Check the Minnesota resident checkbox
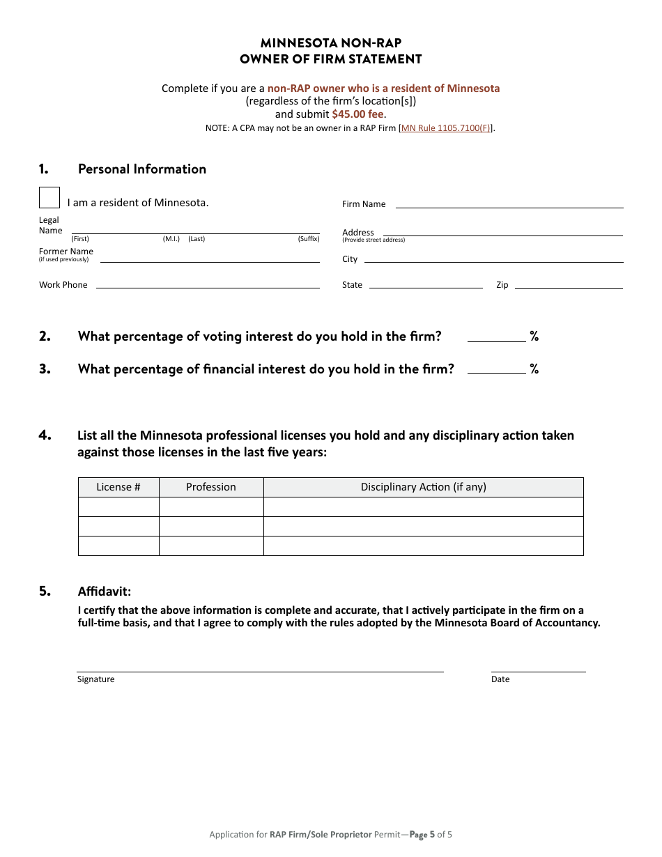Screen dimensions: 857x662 click(49, 198)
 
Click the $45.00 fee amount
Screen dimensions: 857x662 click(357, 114)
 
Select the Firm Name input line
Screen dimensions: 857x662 click(509, 203)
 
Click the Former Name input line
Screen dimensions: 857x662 click(210, 257)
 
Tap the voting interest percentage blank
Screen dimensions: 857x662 click(496, 337)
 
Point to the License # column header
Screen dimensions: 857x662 click(118, 487)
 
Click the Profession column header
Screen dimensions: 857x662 click(211, 487)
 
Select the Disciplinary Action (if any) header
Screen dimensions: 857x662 click(423, 487)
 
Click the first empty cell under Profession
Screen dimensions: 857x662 click(211, 507)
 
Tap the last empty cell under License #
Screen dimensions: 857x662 click(118, 546)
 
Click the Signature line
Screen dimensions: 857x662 click(260, 667)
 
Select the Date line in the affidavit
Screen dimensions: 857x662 click(538, 667)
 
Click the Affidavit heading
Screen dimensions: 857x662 click(105, 592)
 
